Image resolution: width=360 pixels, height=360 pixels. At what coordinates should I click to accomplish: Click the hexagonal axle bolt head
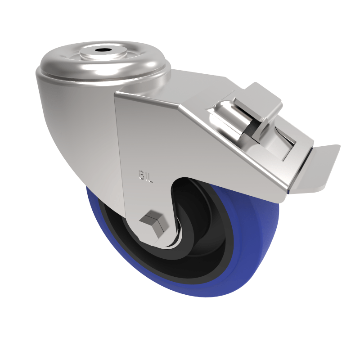153,222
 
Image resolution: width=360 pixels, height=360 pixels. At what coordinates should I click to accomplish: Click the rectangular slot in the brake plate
286,144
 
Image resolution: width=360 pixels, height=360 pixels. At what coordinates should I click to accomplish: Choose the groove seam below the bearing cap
103,77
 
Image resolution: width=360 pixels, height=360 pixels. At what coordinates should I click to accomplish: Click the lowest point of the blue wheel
211,297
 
